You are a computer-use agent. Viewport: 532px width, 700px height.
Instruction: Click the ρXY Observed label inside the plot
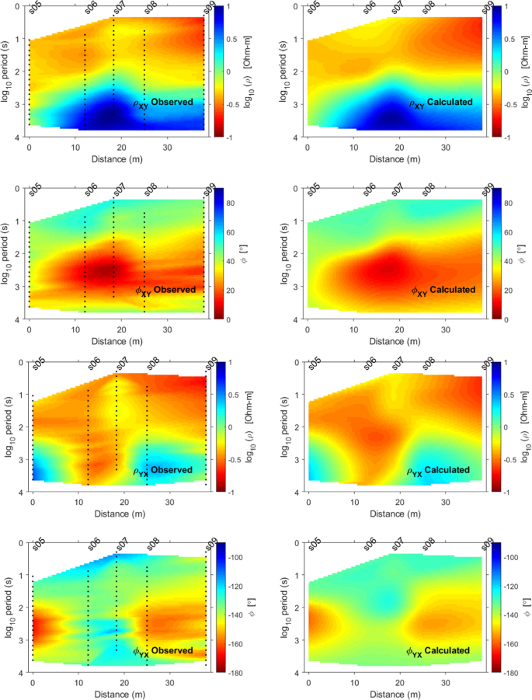[x=164, y=103]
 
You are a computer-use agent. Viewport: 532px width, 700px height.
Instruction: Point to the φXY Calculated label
[x=440, y=291]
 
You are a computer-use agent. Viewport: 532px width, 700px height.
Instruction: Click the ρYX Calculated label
[x=440, y=471]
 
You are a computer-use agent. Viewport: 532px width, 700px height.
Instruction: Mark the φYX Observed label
[x=164, y=651]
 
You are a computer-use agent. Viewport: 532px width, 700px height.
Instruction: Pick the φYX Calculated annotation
[x=440, y=651]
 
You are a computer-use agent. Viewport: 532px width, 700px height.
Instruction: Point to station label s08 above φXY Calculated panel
[x=427, y=191]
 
